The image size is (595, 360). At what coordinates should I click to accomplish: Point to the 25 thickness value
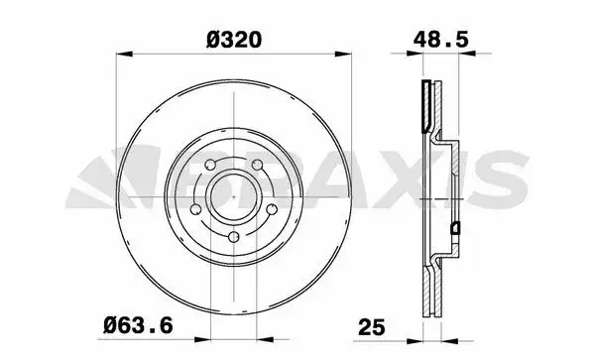pyautogui.click(x=371, y=324)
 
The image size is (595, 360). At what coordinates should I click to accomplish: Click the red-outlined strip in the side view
pyautogui.click(x=426, y=104)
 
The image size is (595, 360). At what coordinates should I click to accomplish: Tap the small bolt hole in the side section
pyautogui.click(x=455, y=229)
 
